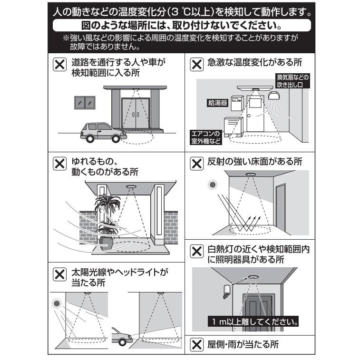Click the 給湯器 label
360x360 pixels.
[218, 102]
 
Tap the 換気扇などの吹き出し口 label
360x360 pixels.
[292, 81]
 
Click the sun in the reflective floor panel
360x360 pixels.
[211, 184]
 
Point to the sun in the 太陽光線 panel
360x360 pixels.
[58, 302]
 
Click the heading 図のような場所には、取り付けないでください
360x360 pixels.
[180, 24]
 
